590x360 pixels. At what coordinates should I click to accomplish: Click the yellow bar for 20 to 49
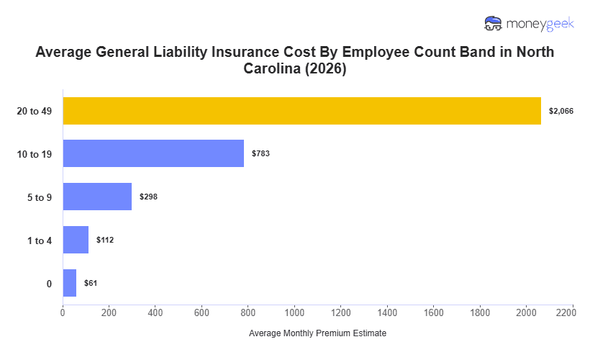click(x=301, y=111)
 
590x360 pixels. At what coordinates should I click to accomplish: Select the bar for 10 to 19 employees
click(x=153, y=153)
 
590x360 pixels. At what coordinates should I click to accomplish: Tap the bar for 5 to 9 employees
click(x=97, y=197)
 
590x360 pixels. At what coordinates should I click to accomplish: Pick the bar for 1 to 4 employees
click(x=76, y=240)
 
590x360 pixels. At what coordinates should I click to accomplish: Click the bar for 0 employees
click(x=69, y=283)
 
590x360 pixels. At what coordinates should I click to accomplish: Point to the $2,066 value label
click(x=560, y=111)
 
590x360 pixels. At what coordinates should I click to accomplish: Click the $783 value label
click(x=260, y=153)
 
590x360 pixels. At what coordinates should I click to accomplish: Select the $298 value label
click(x=148, y=197)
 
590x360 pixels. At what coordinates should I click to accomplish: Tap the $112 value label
click(x=105, y=240)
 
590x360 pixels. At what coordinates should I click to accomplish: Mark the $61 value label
click(x=91, y=283)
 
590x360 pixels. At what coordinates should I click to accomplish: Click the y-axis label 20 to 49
click(x=35, y=111)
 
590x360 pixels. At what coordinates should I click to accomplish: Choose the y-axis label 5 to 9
click(x=39, y=197)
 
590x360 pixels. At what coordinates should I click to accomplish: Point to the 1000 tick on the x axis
click(x=294, y=313)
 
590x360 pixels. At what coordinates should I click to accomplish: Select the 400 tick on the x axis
click(x=155, y=313)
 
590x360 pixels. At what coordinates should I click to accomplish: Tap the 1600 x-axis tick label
click(x=434, y=313)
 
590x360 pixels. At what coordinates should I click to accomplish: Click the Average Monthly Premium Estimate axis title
click(x=317, y=334)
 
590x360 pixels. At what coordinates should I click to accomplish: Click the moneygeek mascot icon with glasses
click(x=494, y=24)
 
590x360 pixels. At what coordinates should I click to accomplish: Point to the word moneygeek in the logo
click(x=540, y=24)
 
